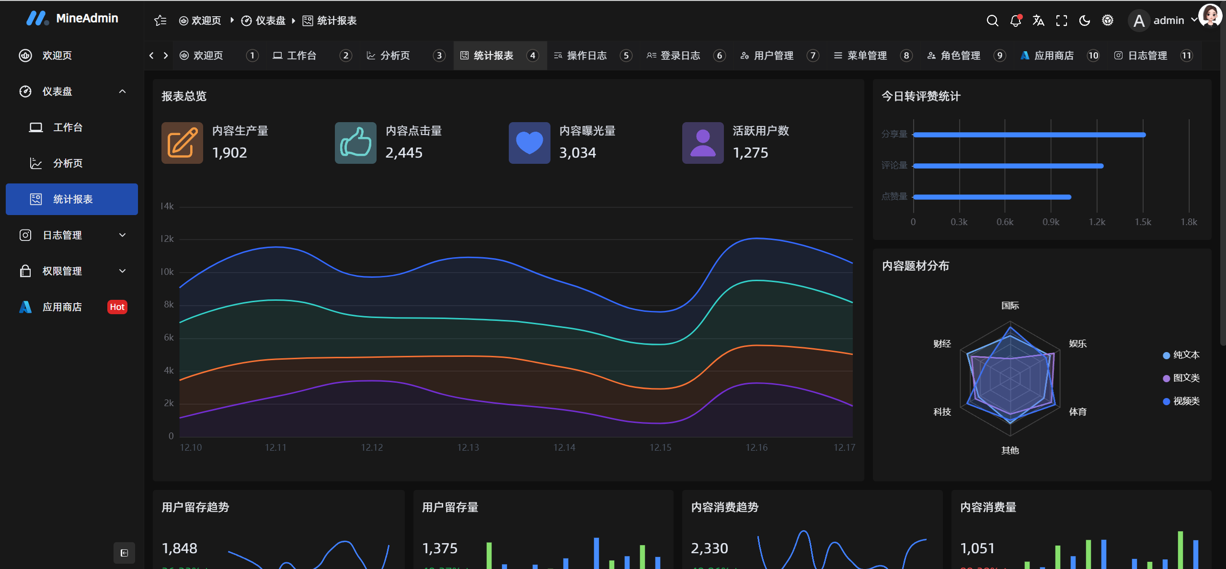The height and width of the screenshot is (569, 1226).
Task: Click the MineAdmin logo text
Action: (x=87, y=18)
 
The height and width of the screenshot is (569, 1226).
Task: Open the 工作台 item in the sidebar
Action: (x=68, y=127)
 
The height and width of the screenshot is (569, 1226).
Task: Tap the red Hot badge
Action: (x=117, y=307)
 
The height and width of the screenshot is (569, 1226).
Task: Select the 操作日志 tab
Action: (x=586, y=56)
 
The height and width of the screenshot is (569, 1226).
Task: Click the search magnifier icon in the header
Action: (x=992, y=21)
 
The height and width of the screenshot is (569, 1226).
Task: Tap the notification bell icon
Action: (x=1015, y=21)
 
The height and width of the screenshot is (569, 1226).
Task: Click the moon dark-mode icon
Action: (x=1085, y=21)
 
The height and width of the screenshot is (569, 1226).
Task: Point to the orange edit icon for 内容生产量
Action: (x=182, y=143)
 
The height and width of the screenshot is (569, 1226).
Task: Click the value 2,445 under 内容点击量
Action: (x=404, y=153)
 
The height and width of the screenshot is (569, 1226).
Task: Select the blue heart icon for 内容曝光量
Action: (x=529, y=143)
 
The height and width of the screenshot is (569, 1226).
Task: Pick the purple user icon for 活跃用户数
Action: (x=703, y=143)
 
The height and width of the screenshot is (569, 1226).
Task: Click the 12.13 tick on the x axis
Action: (x=468, y=447)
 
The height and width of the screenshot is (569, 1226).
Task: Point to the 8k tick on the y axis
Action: (x=169, y=305)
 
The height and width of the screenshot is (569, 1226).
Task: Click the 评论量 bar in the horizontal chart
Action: (x=1008, y=166)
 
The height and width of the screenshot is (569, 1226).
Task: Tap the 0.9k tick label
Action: (x=1051, y=222)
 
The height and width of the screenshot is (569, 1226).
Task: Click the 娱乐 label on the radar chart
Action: (x=1077, y=344)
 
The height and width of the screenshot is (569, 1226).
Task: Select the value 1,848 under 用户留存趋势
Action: (x=180, y=548)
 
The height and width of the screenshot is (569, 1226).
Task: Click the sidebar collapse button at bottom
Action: (x=124, y=553)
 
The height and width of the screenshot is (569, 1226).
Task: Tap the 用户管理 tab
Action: (x=773, y=56)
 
